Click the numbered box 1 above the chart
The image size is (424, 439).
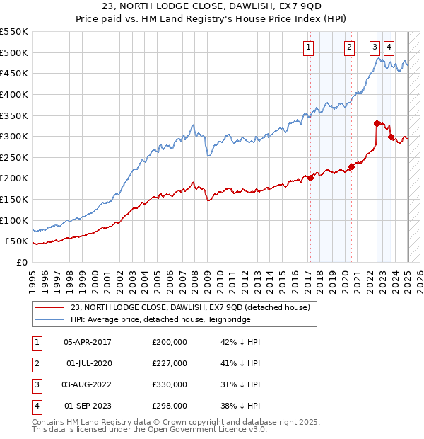[309, 48]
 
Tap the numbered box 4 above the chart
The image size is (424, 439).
[389, 48]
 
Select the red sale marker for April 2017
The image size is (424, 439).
[310, 178]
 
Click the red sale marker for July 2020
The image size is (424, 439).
[351, 167]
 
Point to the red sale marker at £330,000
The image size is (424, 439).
[377, 123]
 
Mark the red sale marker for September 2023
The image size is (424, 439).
[390, 137]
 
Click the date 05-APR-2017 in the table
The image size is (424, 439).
[88, 342]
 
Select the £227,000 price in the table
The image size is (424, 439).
[170, 363]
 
